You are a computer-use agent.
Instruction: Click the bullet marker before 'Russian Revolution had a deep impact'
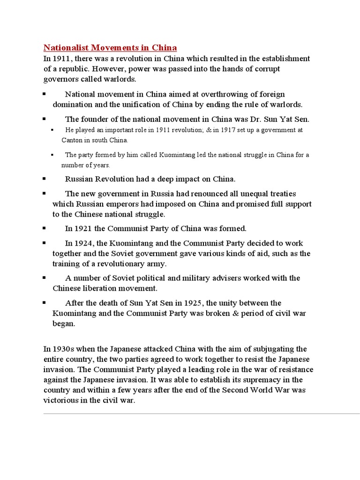click(44, 179)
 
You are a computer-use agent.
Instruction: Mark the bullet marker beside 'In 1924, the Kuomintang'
click(44, 243)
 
